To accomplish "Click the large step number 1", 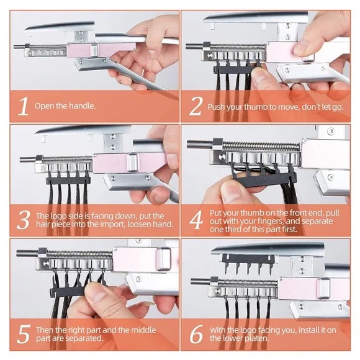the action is [x=23, y=106].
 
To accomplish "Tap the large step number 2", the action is [x=196, y=106].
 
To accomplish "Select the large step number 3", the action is [x=24, y=220].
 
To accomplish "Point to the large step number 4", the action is [x=196, y=220].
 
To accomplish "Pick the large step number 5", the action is [x=24, y=334].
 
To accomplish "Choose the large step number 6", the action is [x=197, y=334].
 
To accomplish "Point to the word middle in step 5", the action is [x=143, y=330].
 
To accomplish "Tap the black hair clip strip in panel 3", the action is [x=68, y=181].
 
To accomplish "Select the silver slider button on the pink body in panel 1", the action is [x=94, y=51].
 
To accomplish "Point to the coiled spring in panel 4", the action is [x=261, y=146].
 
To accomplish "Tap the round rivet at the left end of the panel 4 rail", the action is [x=222, y=158].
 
